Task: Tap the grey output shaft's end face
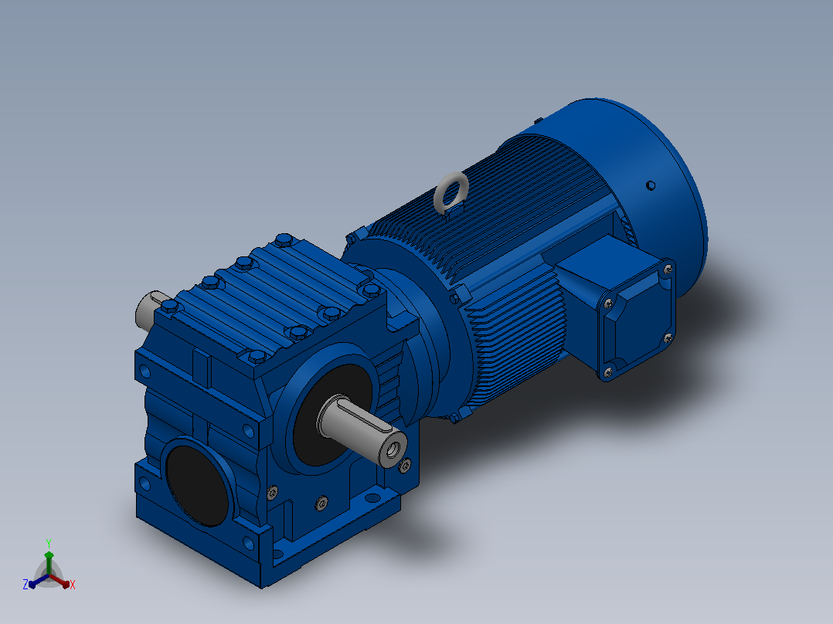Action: tap(393, 449)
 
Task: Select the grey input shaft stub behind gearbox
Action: tap(148, 310)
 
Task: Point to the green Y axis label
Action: tap(49, 543)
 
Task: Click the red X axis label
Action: tap(73, 585)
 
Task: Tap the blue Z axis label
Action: tap(25, 585)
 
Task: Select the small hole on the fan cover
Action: tap(651, 185)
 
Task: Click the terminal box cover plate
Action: tap(637, 320)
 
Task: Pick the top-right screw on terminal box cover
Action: tap(668, 270)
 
